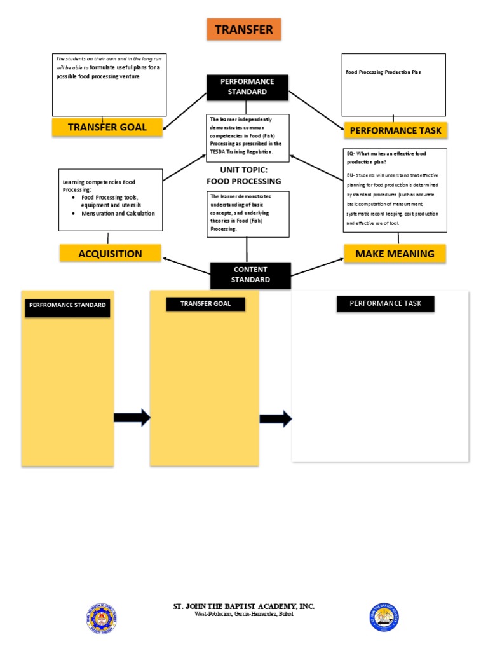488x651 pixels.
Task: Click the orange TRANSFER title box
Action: click(244, 30)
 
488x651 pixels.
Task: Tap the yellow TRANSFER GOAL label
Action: click(107, 127)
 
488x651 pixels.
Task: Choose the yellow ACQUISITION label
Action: click(110, 254)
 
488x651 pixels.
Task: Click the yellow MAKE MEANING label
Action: click(395, 254)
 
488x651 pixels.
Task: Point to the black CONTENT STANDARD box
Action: click(250, 275)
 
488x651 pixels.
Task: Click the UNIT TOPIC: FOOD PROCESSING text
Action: click(243, 175)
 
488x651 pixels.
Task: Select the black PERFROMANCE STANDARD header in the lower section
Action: click(67, 305)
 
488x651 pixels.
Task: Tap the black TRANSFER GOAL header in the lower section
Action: click(205, 304)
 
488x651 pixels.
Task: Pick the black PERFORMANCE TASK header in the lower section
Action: click(385, 304)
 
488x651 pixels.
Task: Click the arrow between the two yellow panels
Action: click(132, 418)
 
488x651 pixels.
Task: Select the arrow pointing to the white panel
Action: click(276, 419)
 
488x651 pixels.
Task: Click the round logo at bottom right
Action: click(384, 617)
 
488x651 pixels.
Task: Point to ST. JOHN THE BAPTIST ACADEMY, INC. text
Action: click(244, 606)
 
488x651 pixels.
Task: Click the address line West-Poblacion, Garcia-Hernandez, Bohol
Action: click(244, 615)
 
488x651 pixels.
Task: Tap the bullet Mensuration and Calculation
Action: click(118, 214)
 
